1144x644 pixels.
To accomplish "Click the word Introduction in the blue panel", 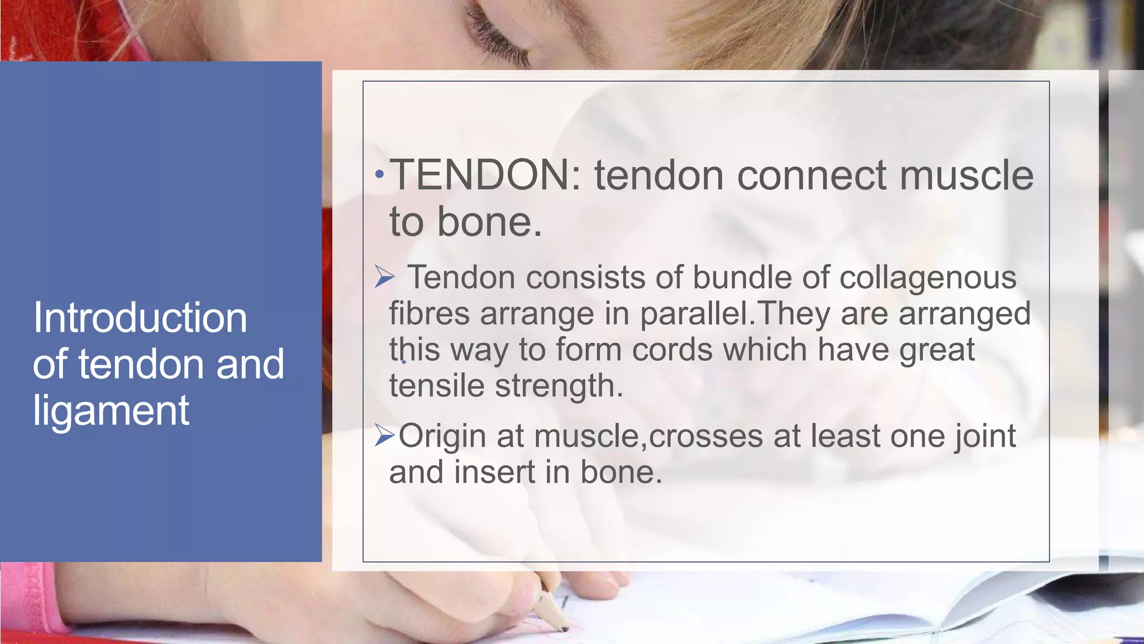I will pyautogui.click(x=140, y=318).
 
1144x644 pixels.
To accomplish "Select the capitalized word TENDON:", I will pyautogui.click(x=485, y=175).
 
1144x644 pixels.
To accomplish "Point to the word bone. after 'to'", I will pyautogui.click(x=489, y=222).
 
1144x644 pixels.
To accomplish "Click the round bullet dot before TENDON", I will pyautogui.click(x=380, y=175).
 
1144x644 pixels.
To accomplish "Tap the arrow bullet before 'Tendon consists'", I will pyautogui.click(x=384, y=277).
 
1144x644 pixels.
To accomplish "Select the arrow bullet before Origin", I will pyautogui.click(x=384, y=435).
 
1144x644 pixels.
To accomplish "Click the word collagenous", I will pyautogui.click(x=928, y=278).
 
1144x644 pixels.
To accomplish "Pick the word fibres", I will pyautogui.click(x=429, y=313).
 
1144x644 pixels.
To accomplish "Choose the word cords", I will pyautogui.click(x=672, y=350).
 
